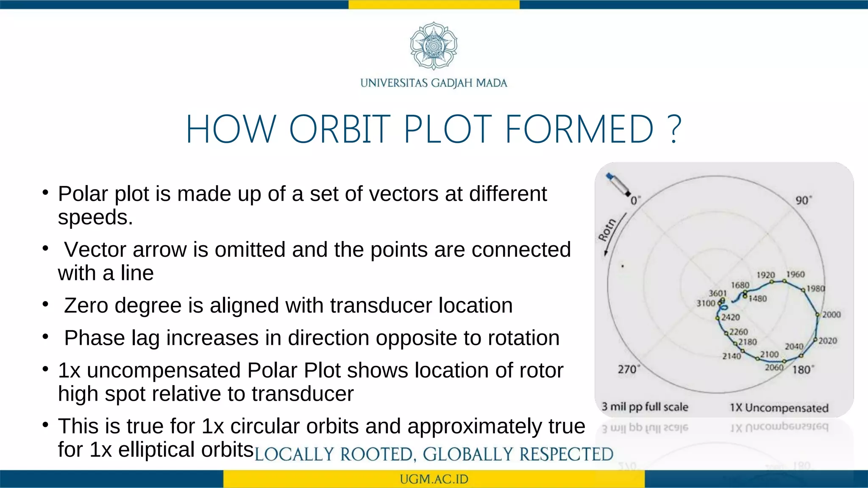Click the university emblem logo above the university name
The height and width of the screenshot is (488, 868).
[434, 46]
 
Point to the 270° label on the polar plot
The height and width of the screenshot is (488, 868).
[628, 369]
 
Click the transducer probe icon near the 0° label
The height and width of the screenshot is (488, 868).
[618, 184]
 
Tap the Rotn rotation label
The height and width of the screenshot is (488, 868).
[607, 230]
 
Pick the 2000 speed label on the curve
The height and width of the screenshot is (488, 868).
[831, 315]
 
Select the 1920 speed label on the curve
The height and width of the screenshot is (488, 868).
[765, 275]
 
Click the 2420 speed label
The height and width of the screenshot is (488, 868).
[731, 317]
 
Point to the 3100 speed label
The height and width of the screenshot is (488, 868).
[706, 303]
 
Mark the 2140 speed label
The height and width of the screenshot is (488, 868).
[732, 356]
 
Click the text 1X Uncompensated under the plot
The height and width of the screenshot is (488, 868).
[779, 408]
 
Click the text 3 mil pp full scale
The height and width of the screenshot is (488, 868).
[645, 407]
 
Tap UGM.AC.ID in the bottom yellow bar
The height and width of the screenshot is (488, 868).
[434, 479]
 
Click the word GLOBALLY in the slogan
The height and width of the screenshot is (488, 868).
[468, 455]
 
